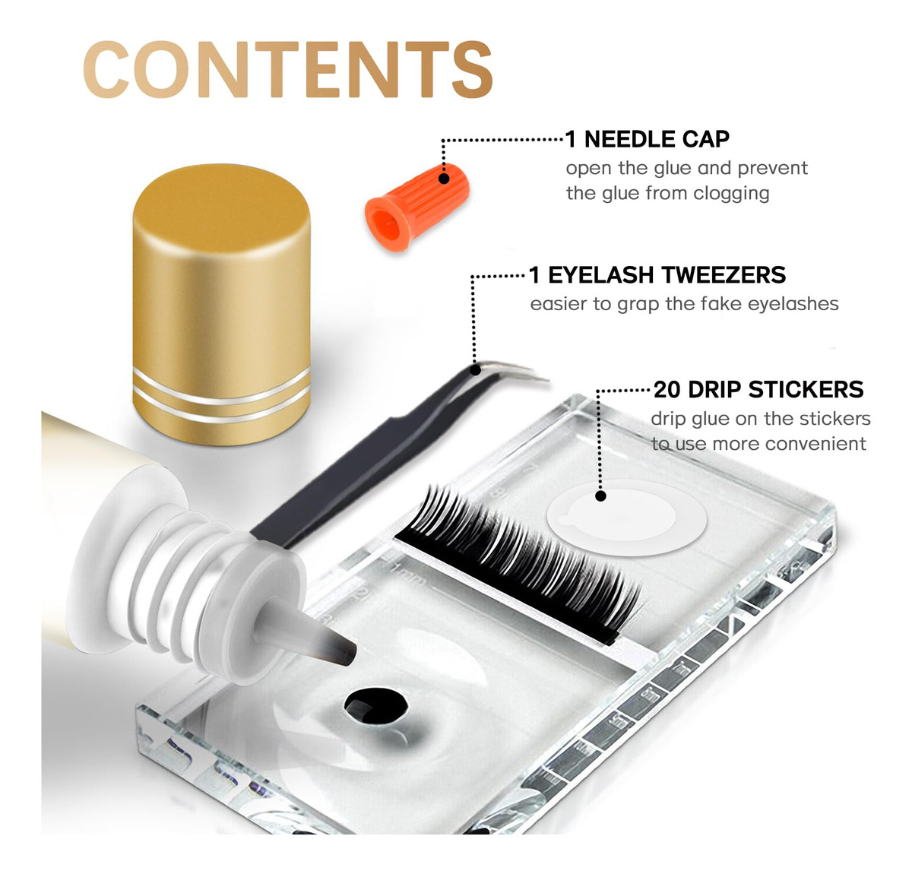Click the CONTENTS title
[x=288, y=69]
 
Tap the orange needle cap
[x=416, y=207]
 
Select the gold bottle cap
[x=222, y=305]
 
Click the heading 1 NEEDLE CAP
[x=648, y=139]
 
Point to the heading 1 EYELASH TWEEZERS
[x=657, y=275]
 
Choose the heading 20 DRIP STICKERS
[x=758, y=389]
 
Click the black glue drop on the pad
[x=376, y=706]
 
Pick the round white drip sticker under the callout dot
[x=626, y=518]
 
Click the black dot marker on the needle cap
[x=444, y=179]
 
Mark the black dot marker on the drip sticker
[x=601, y=496]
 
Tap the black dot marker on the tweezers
[x=475, y=370]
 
